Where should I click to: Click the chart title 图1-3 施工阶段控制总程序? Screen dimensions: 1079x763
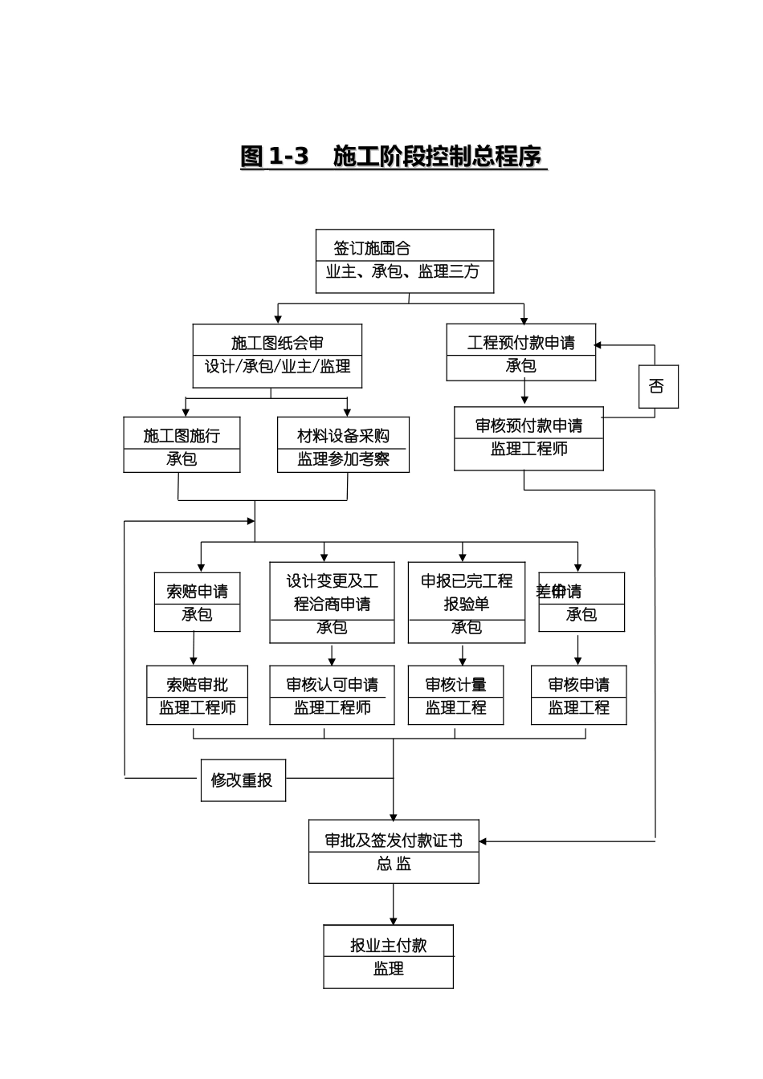pyautogui.click(x=393, y=157)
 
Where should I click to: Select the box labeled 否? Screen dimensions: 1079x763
pyautogui.click(x=658, y=387)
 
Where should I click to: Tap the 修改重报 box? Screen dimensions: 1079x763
pyautogui.click(x=243, y=780)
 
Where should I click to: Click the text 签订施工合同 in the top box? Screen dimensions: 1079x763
pyautogui.click(x=372, y=249)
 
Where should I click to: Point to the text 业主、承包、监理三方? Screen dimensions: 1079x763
pyautogui.click(x=402, y=272)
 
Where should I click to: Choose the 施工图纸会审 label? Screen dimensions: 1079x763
pyautogui.click(x=277, y=344)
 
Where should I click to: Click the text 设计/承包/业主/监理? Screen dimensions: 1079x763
pyautogui.click(x=277, y=367)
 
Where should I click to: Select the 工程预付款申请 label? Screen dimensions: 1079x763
pyautogui.click(x=520, y=344)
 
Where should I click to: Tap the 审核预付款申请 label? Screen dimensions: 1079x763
pyautogui.click(x=528, y=425)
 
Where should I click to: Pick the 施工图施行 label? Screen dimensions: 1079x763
pyautogui.click(x=182, y=436)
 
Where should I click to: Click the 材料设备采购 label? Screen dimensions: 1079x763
pyautogui.click(x=343, y=436)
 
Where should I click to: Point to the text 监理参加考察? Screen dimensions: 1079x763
pyautogui.click(x=343, y=459)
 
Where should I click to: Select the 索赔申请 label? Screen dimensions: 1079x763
pyautogui.click(x=197, y=592)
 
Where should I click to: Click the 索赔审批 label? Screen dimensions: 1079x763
pyautogui.click(x=197, y=685)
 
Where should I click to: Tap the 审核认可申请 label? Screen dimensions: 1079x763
pyautogui.click(x=332, y=685)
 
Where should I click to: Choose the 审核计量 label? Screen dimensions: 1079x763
pyautogui.click(x=455, y=685)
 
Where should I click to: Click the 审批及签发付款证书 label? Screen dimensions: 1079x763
pyautogui.click(x=394, y=841)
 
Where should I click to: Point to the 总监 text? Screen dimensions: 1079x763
pyautogui.click(x=394, y=864)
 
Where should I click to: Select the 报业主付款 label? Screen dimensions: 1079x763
pyautogui.click(x=388, y=946)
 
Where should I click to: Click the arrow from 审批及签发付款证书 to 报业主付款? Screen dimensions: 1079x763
pyautogui.click(x=394, y=905)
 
